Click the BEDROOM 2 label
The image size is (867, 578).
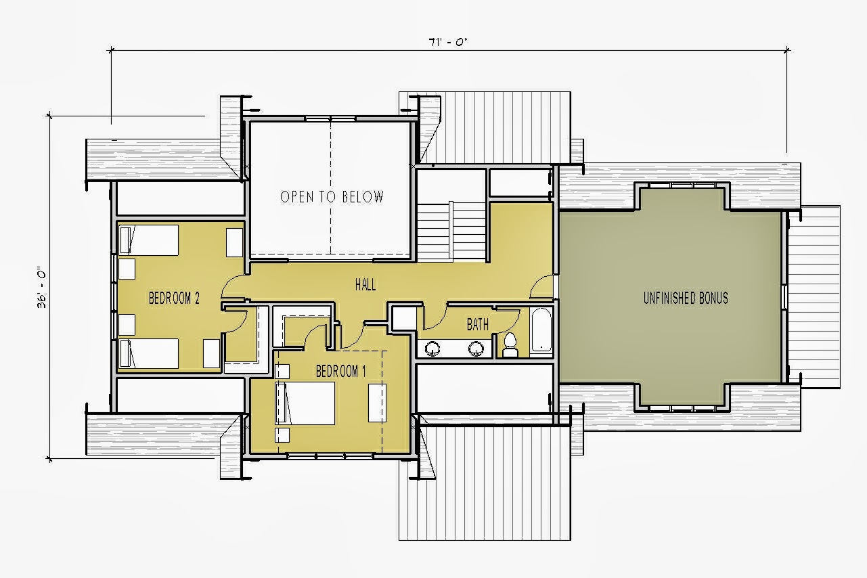[174, 298]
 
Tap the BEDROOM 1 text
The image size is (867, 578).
[340, 372]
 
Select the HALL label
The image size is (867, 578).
[365, 285]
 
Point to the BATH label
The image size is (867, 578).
[478, 324]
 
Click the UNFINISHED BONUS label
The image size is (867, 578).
[686, 298]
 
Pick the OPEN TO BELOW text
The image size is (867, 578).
[332, 197]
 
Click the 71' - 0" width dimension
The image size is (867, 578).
[448, 42]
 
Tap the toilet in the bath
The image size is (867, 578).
[510, 345]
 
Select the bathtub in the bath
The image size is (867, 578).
[541, 330]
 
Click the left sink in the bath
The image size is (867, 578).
[432, 349]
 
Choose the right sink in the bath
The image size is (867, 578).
[476, 349]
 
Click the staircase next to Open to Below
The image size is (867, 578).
[451, 231]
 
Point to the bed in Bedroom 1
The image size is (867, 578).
[305, 403]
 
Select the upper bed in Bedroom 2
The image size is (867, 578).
[149, 240]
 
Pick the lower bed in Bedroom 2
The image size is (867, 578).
[149, 353]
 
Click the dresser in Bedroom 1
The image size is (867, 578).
[377, 403]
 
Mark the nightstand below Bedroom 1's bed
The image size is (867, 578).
[282, 435]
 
